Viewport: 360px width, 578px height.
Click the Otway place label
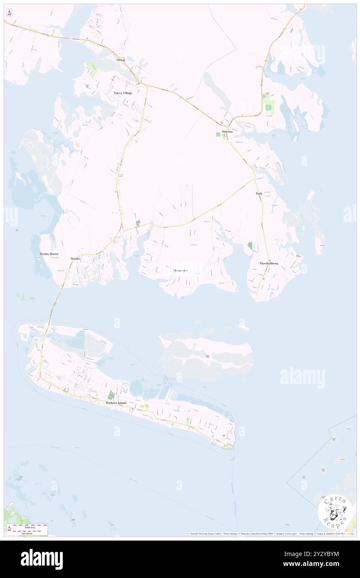(x=121, y=60)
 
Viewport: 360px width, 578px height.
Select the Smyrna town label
(x=227, y=131)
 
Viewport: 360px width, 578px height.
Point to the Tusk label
(x=259, y=194)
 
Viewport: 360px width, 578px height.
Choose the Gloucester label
(x=180, y=270)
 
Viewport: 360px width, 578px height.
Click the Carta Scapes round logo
(x=335, y=512)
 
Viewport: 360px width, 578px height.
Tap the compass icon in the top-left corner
(x=9, y=12)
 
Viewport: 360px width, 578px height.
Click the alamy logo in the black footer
(x=42, y=559)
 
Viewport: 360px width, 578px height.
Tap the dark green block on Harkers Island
(x=111, y=395)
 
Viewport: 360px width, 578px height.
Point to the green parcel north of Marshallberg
(x=250, y=246)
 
